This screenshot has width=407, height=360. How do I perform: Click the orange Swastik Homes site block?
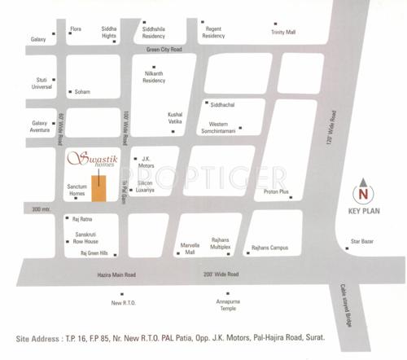pyautogui.click(x=98, y=187)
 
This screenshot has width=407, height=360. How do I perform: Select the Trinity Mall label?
pyautogui.click(x=283, y=33)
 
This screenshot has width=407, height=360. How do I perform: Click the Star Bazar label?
pyautogui.click(x=361, y=242)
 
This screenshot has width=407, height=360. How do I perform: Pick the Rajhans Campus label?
pyautogui.click(x=269, y=247)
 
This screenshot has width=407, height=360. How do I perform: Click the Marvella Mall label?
pyautogui.click(x=190, y=248)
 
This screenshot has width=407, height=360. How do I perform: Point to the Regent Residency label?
pyautogui.click(x=213, y=33)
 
